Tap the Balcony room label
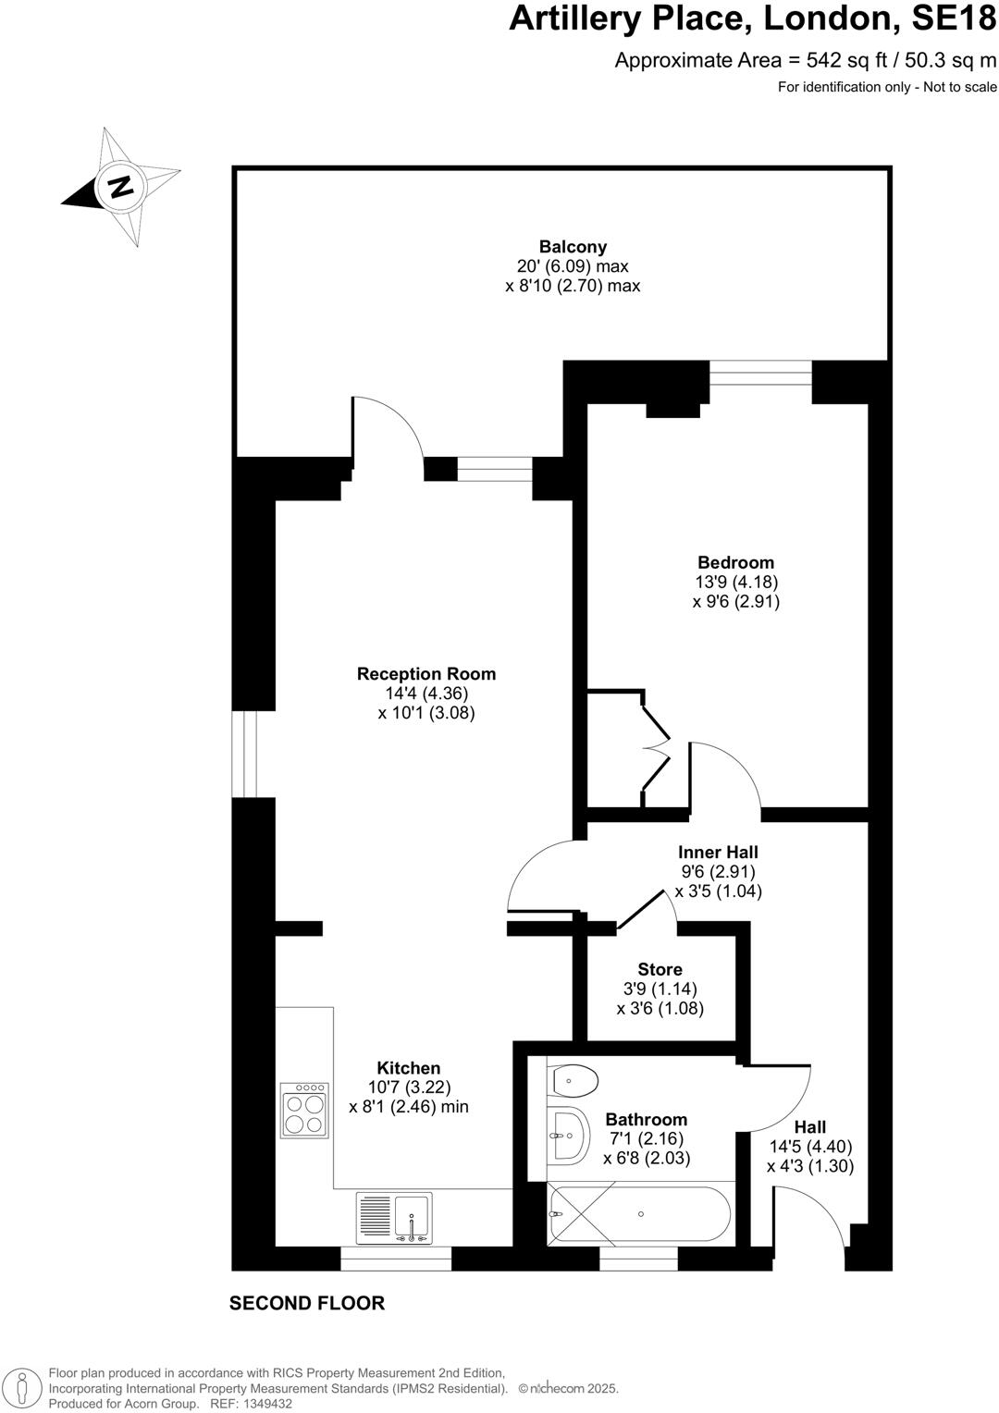coord(573,247)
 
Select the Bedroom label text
coord(735,562)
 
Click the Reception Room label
coord(426,674)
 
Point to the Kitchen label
coord(408,1068)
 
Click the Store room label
coord(660,969)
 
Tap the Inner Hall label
coord(718,852)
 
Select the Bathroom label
coord(647,1120)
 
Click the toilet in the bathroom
coord(573,1079)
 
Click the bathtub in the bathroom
coord(639,1213)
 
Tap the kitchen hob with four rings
coord(305,1110)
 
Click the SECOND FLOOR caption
coord(306,1303)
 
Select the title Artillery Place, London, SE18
coord(752,20)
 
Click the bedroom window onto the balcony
coord(760,372)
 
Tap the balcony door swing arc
coord(388,425)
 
